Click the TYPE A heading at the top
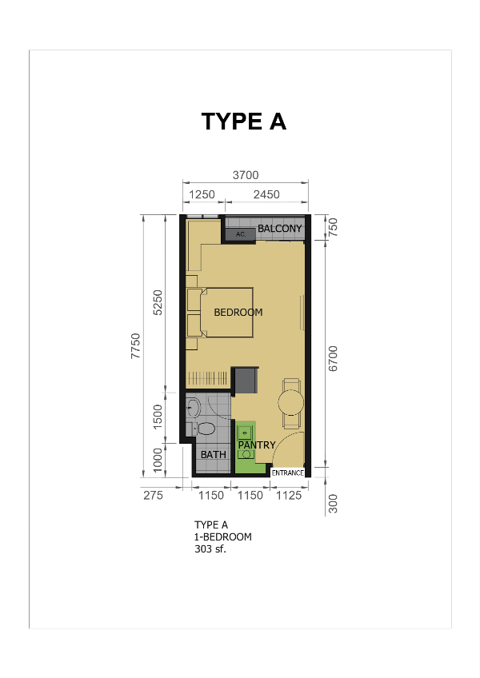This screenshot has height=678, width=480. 244,121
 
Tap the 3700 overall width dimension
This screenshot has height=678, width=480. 246,175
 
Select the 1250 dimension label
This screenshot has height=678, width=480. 202,194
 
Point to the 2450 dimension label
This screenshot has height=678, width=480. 266,194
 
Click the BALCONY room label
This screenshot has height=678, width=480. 280,229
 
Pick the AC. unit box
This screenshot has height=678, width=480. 241,234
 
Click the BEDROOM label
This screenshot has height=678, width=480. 238,312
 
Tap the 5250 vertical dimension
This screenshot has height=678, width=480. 158,302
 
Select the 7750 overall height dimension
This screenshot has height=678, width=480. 135,345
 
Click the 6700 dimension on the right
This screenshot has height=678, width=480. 333,358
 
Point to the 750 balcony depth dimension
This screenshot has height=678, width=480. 333,227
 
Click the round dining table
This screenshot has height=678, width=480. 291,403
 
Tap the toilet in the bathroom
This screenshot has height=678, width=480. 205,429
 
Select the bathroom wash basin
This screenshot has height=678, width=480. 193,407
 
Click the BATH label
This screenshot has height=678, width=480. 214,455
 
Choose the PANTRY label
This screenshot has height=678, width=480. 257,445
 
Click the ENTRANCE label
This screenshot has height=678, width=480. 288,473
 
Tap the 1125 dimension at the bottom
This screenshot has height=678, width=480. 289,496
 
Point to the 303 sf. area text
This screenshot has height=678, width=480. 210,549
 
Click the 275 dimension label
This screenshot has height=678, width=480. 154,496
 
